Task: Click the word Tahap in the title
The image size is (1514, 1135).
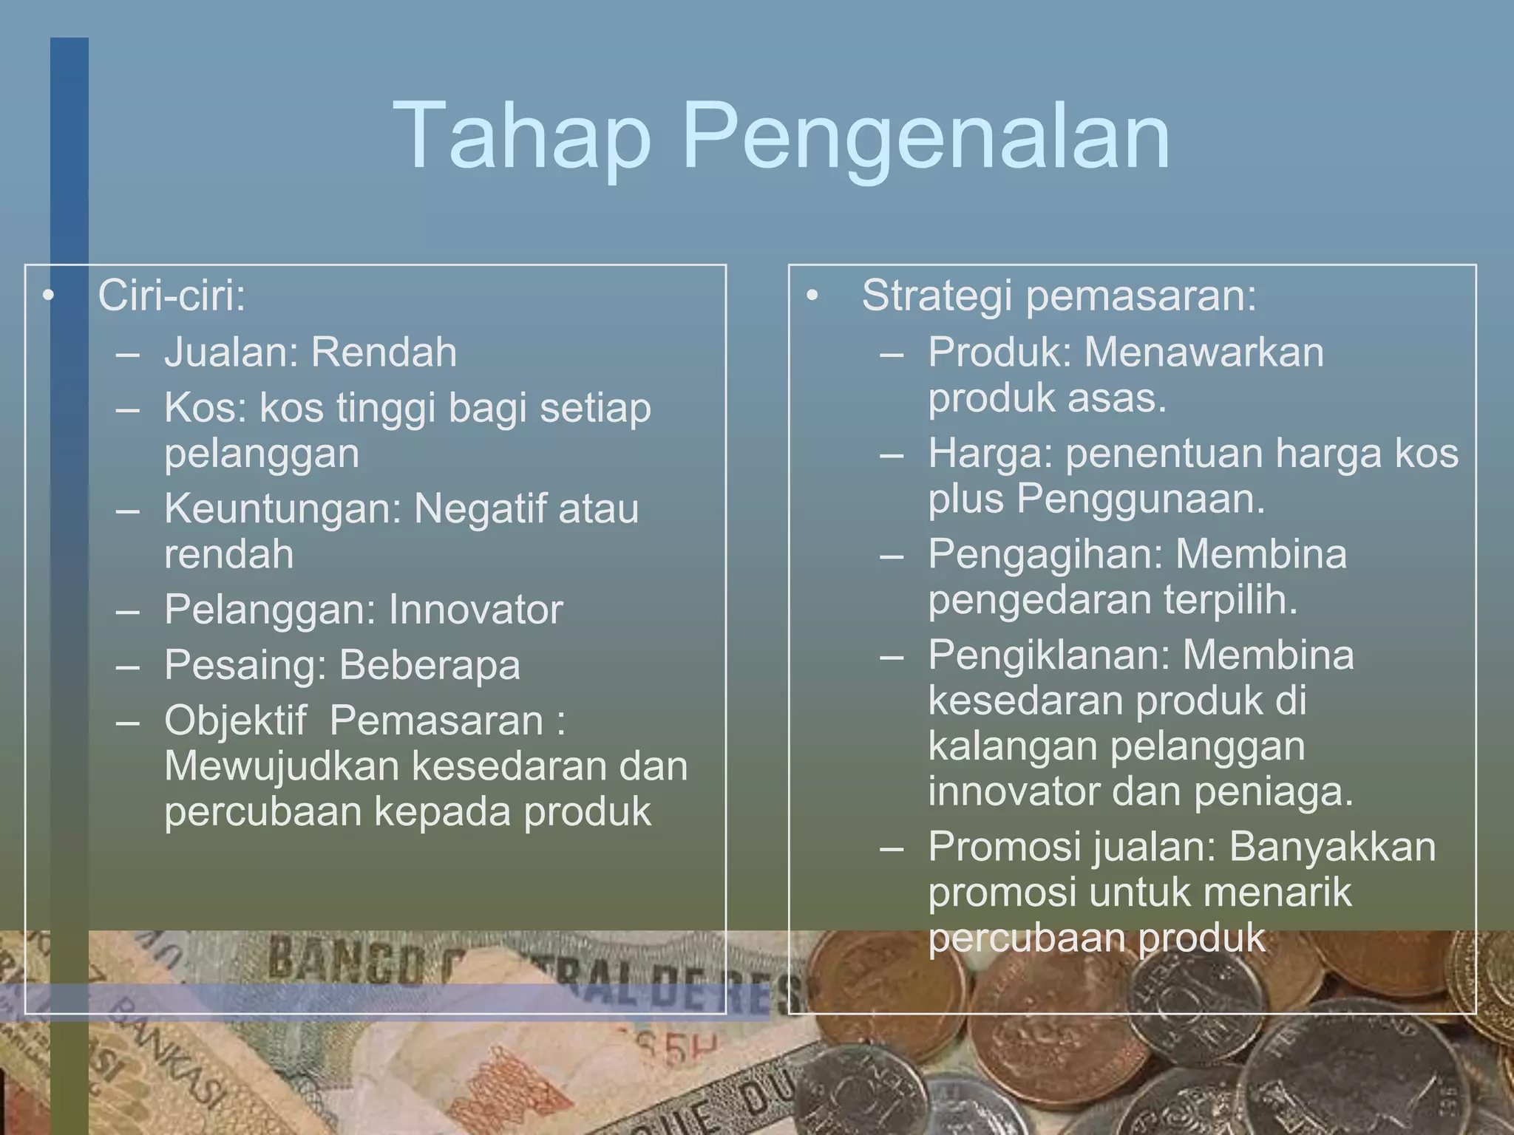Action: coord(521,137)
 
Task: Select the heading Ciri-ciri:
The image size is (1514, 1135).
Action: coord(172,296)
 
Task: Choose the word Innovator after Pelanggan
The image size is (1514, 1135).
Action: coord(475,610)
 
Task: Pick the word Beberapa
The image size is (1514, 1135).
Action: coord(430,665)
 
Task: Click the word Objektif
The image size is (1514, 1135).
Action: coord(235,721)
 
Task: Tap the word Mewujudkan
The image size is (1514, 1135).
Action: coord(282,766)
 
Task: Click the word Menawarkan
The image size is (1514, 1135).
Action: coord(1204,352)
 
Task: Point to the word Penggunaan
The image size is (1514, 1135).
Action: coord(1141,499)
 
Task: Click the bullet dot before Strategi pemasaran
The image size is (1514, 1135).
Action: coord(812,296)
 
